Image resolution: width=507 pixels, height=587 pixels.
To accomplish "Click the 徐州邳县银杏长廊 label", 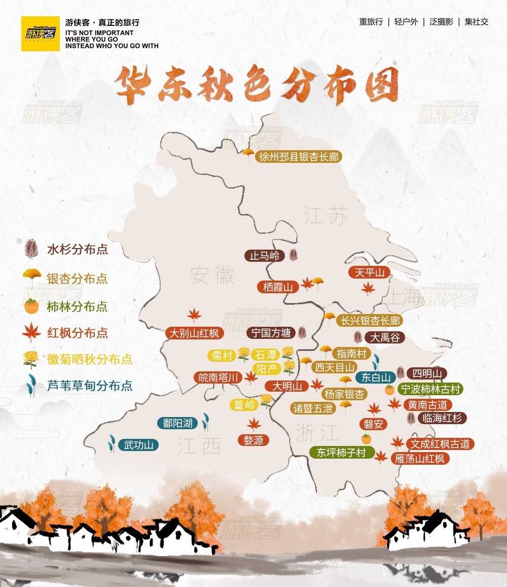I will pyautogui.click(x=298, y=156).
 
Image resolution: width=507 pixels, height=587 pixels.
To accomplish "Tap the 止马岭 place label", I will pyautogui.click(x=265, y=255).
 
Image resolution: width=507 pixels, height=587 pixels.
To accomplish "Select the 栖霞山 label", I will pyautogui.click(x=278, y=287).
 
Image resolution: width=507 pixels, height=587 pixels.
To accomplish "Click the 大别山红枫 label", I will pyautogui.click(x=194, y=333).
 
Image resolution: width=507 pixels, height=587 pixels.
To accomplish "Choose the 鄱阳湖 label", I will pyautogui.click(x=177, y=423).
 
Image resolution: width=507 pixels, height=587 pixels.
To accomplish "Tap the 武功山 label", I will pyautogui.click(x=138, y=445).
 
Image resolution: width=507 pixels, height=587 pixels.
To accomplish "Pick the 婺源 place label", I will pyautogui.click(x=253, y=440).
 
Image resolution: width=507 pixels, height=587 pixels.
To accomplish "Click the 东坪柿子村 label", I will pyautogui.click(x=341, y=453).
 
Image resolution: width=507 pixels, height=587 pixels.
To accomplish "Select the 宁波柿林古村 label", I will pyautogui.click(x=430, y=389).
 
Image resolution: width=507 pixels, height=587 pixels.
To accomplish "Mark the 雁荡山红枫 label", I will pyautogui.click(x=419, y=459).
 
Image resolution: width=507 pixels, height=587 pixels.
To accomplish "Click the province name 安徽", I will pyautogui.click(x=212, y=275).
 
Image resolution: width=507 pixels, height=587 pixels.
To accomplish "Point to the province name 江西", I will pyautogui.click(x=199, y=446).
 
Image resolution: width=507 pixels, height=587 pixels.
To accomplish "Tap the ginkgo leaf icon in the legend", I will pyautogui.click(x=31, y=277).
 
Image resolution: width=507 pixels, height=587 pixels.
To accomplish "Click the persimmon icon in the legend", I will pyautogui.click(x=31, y=306).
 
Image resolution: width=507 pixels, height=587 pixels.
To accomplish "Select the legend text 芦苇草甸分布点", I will pyautogui.click(x=90, y=386).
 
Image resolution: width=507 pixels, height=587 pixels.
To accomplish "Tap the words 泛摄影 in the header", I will pyautogui.click(x=441, y=22).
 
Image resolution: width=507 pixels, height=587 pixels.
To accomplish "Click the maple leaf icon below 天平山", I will pyautogui.click(x=368, y=289).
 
